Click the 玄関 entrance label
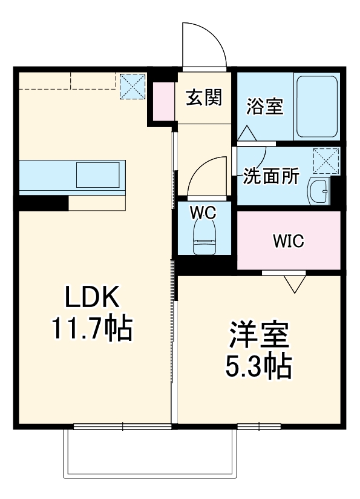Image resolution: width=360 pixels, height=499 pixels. pos(203,97)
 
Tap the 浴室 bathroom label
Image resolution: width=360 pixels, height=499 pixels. pos(264,107)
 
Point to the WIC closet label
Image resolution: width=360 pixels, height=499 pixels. pos(288,241)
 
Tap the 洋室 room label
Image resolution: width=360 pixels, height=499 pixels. pos(258,334)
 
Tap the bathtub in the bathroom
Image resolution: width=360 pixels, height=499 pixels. pos(316,107)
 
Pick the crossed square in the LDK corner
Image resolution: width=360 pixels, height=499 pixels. pos(132,87)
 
